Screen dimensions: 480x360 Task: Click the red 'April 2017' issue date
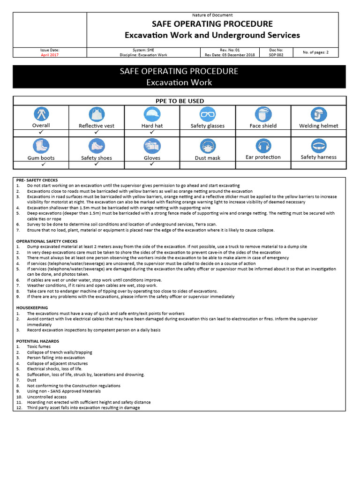tap(50, 55)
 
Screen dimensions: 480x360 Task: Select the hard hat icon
tap(152, 114)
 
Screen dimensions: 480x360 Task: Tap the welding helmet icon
tap(318, 114)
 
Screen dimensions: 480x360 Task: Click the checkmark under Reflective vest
tap(97, 133)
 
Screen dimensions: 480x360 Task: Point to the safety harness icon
tap(318, 146)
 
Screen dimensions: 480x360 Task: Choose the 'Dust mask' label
tap(207, 158)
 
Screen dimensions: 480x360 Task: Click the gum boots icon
tap(41, 146)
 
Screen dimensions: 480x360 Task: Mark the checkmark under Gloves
tap(152, 165)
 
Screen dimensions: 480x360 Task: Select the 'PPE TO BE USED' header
tap(180, 101)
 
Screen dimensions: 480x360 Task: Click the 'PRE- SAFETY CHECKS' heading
tap(37, 180)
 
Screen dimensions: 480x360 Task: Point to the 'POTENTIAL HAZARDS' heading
tap(37, 341)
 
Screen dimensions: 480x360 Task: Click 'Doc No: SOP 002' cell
tap(276, 52)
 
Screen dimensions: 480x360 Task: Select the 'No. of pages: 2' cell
tap(315, 52)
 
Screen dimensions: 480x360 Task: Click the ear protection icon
tap(263, 146)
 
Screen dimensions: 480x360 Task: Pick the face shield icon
tap(263, 114)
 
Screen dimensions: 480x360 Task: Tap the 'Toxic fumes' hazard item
tap(38, 347)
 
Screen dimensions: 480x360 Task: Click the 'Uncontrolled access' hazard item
tap(47, 397)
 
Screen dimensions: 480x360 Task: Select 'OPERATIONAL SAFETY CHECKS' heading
tap(47, 241)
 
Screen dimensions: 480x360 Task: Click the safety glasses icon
tap(207, 114)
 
